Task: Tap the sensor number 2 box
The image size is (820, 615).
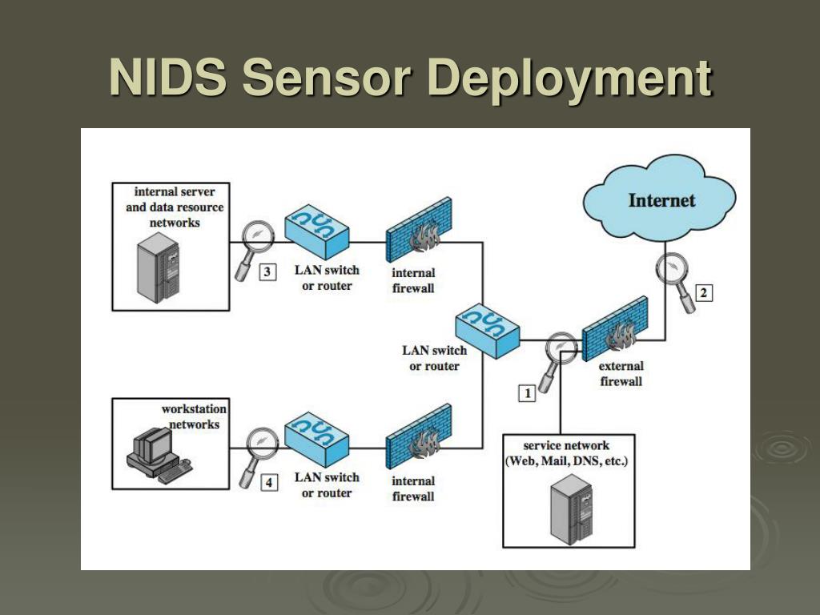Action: coord(703,293)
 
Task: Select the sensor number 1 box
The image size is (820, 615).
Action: coord(527,392)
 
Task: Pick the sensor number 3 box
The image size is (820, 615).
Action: coord(267,272)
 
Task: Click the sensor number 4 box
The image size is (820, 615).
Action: coord(268,483)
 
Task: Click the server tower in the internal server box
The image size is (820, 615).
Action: coord(156,263)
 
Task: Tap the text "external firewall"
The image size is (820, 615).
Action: coord(621,374)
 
